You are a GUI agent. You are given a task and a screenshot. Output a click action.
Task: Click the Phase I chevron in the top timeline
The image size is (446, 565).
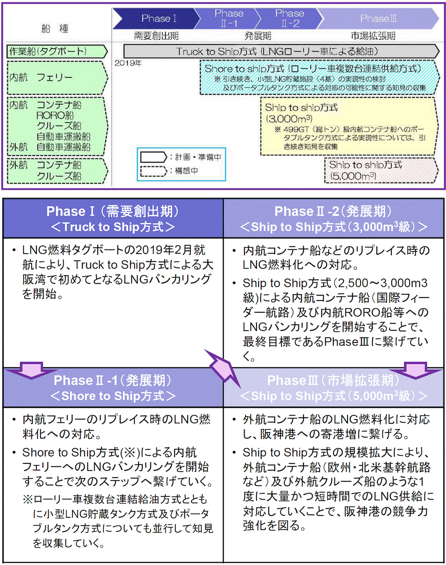[156, 19]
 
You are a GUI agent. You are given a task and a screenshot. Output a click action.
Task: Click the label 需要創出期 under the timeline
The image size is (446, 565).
[156, 36]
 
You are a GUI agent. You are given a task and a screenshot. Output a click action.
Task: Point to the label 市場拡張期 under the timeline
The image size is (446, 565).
[373, 36]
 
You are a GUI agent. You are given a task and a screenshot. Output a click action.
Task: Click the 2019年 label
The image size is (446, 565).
[128, 63]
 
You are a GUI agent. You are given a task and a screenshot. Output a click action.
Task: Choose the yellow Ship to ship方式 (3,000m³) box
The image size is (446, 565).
[348, 126]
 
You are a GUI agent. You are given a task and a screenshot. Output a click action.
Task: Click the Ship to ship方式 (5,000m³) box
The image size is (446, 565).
[381, 170]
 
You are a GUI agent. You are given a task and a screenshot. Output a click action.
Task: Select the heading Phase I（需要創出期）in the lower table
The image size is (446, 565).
[113, 211]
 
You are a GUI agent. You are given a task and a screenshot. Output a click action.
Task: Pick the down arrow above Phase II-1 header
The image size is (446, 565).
[32, 370]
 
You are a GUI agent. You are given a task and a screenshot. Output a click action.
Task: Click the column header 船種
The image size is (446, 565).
[55, 28]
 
